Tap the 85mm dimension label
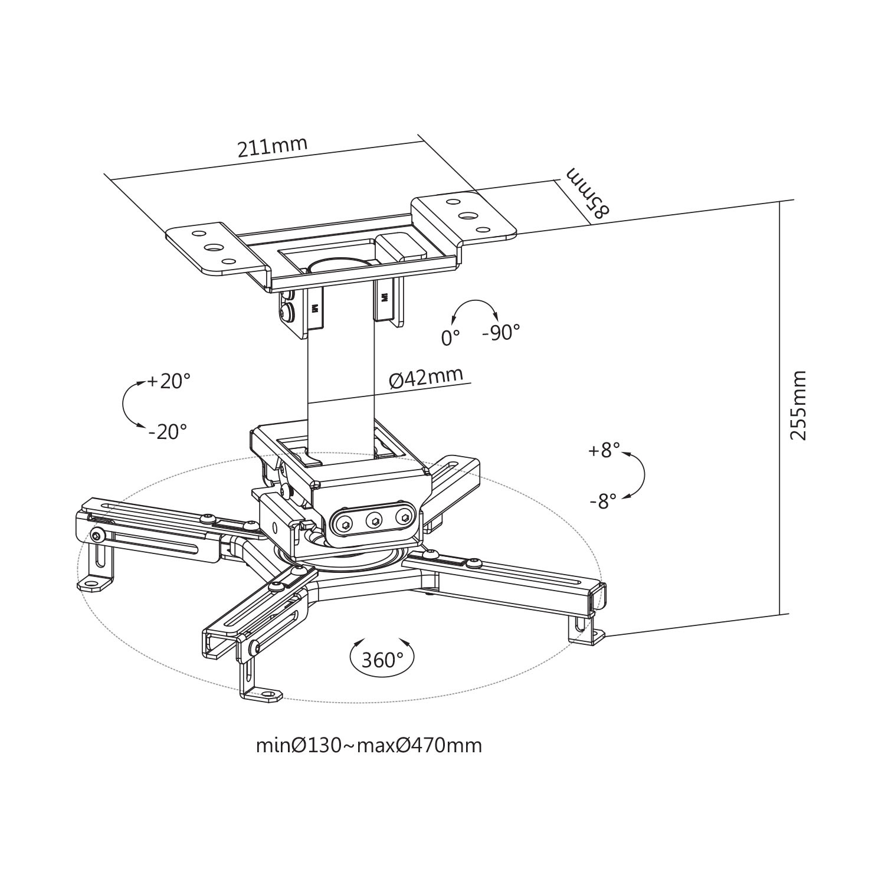[x=586, y=194]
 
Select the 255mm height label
[x=798, y=405]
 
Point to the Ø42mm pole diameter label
[x=425, y=378]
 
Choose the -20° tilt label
[x=168, y=432]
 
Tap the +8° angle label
[x=604, y=451]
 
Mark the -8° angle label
[x=603, y=501]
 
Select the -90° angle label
[x=501, y=333]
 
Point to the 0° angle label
[x=450, y=337]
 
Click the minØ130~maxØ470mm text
[x=369, y=746]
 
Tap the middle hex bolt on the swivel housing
[x=374, y=520]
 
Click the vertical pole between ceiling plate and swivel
[x=340, y=378]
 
